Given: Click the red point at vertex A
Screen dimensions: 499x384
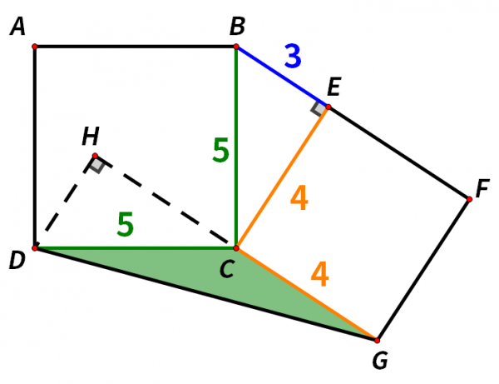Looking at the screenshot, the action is [34, 47].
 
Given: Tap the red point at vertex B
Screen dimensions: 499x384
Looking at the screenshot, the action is [236, 47].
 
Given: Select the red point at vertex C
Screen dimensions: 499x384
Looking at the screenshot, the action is [236, 247].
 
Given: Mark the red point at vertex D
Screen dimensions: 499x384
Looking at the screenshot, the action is [34, 247].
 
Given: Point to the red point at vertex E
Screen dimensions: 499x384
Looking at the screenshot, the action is [328, 107].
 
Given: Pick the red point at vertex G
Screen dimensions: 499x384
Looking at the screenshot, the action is [377, 340].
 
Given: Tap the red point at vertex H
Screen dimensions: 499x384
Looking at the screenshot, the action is [95, 156].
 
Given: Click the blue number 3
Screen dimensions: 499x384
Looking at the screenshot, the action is [292, 56].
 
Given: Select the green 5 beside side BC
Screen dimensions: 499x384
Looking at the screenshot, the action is [220, 150].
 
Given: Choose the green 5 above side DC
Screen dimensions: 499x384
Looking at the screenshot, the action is [125, 225].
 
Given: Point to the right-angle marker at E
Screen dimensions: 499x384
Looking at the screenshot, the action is [319, 109].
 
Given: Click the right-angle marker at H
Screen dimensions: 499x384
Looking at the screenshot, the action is [97, 165].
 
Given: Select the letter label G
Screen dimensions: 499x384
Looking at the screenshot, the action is [380, 361].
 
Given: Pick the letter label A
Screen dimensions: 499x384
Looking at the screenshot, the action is [17, 28].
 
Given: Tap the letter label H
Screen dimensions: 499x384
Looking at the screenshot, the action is [90, 136].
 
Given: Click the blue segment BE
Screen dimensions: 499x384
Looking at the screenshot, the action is [282, 77].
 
